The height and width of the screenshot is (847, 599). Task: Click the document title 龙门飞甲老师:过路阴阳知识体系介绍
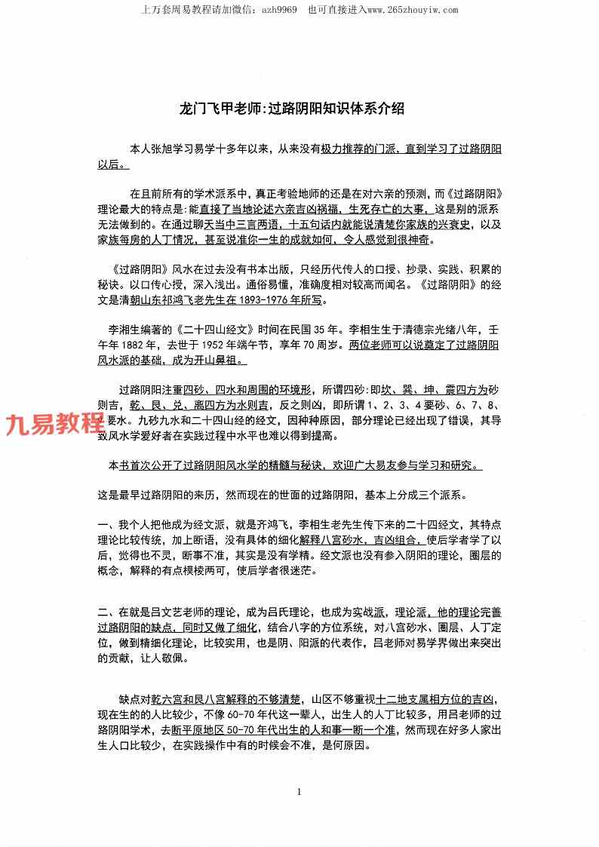tap(291, 109)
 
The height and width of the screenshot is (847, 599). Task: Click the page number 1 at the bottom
tap(299, 791)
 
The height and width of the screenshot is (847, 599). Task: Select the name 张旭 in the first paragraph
tap(168, 149)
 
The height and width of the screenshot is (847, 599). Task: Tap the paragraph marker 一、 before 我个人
tap(106, 525)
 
